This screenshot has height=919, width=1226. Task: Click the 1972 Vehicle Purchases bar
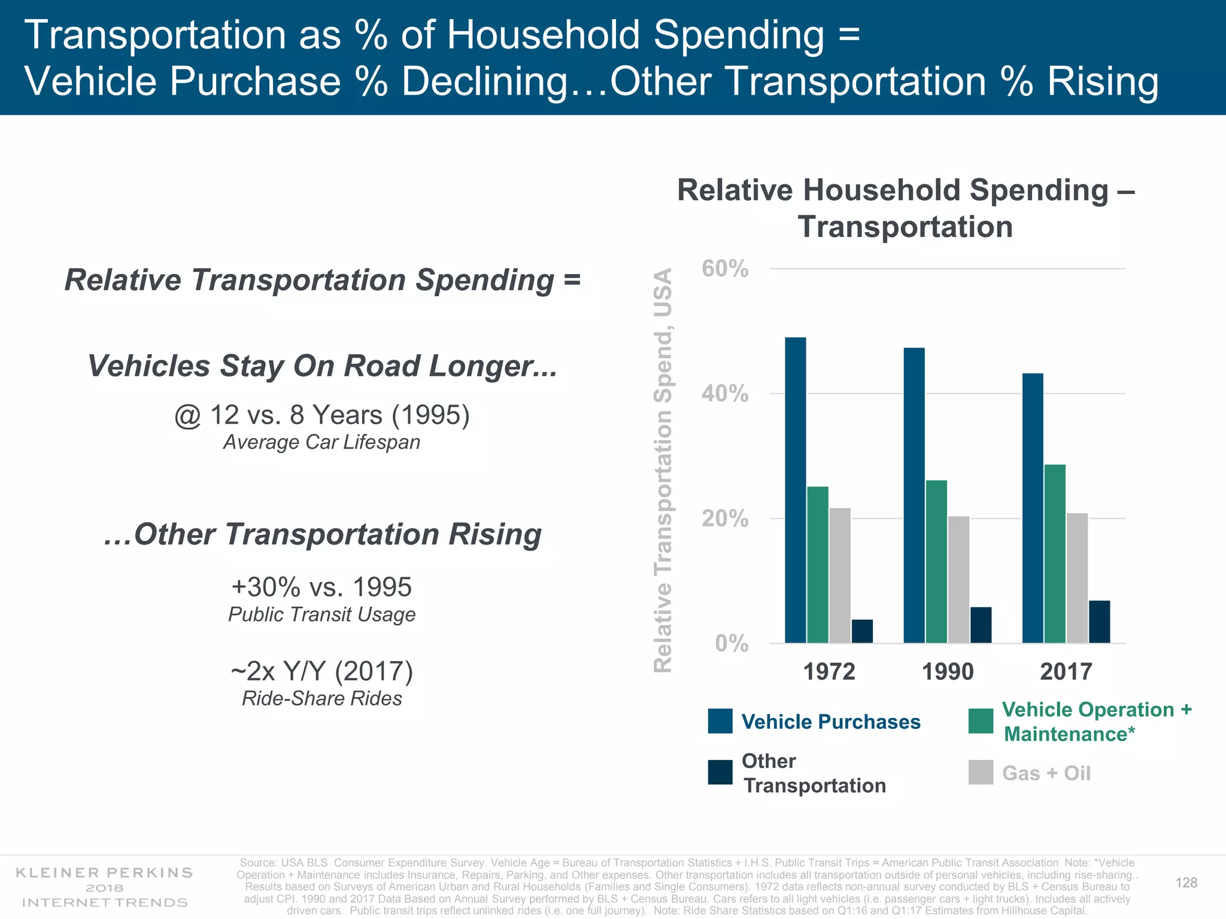click(x=795, y=490)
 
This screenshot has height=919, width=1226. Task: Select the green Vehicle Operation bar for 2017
click(x=1055, y=553)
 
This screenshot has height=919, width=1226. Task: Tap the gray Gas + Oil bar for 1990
click(x=958, y=579)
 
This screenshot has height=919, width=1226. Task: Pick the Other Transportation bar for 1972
click(x=862, y=631)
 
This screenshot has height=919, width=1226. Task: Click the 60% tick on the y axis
click(x=725, y=269)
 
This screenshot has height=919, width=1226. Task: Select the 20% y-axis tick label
click(x=725, y=518)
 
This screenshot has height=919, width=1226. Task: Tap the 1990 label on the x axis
click(x=948, y=671)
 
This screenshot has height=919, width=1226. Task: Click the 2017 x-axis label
click(x=1066, y=671)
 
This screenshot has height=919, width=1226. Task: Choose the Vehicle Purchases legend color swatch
click(x=720, y=721)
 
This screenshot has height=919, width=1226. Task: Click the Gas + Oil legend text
click(x=1046, y=773)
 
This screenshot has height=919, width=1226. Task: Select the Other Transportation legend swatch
click(x=720, y=772)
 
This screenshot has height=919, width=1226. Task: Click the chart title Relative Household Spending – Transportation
click(x=905, y=208)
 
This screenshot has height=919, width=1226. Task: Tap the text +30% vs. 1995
click(x=321, y=587)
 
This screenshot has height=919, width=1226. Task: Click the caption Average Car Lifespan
click(x=321, y=442)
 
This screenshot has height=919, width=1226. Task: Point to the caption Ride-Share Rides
click(x=321, y=698)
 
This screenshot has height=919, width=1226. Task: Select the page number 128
click(x=1186, y=883)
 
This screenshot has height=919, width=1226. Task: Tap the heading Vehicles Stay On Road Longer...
click(x=322, y=366)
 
